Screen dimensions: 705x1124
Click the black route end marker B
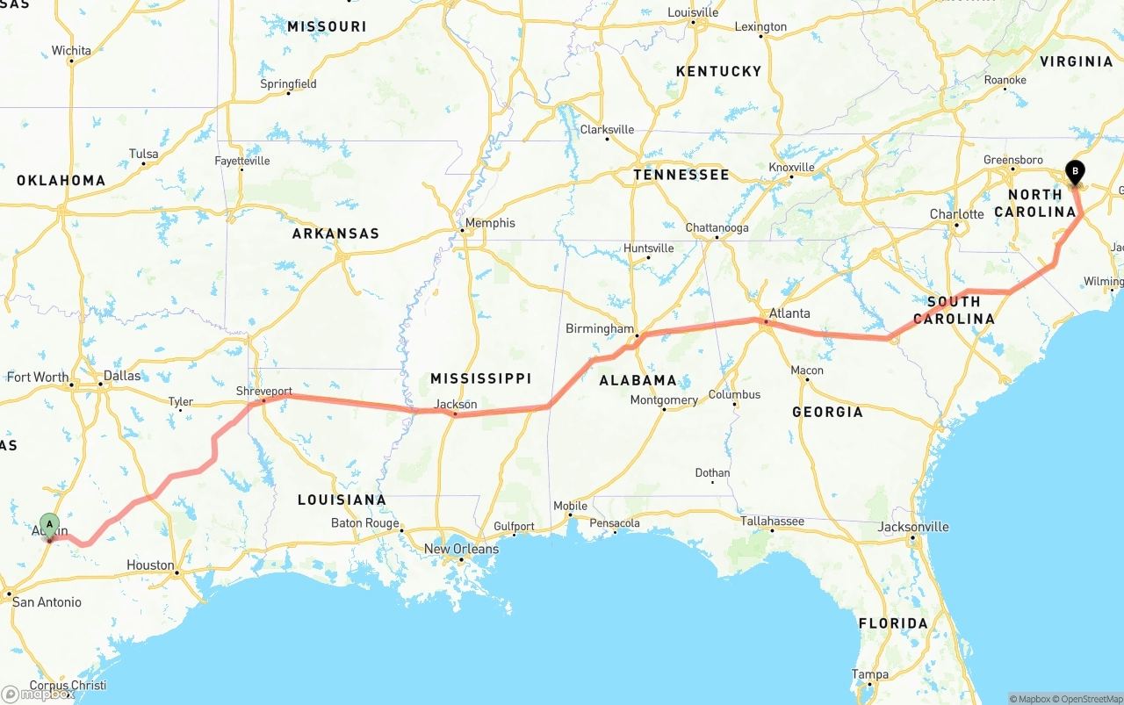coord(1075,172)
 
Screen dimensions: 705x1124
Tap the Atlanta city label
coord(789,313)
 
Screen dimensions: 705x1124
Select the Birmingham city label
coord(600,329)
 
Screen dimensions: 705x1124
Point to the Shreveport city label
coord(264,391)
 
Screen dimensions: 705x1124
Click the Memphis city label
coord(490,223)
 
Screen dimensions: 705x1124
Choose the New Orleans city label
coord(461,549)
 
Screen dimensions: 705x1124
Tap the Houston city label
coord(150,565)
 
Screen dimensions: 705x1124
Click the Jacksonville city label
coord(913,527)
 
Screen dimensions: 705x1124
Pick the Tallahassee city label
coord(772,522)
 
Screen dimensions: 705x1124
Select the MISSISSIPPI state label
coord(480,378)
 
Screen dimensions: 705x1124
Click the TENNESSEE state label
coord(681,175)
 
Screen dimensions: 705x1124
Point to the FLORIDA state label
coord(893,623)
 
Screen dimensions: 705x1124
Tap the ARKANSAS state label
coord(335,234)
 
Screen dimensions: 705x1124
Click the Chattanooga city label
coord(717,228)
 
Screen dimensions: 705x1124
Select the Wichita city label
coord(71,51)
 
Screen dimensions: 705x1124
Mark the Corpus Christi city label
coord(68,686)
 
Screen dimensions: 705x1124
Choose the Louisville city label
coord(693,12)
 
